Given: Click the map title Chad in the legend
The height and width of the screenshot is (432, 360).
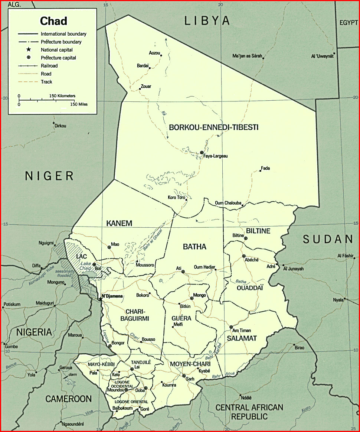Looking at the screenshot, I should pos(53,21).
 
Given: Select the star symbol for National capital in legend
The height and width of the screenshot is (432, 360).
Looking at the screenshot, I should pos(29,50).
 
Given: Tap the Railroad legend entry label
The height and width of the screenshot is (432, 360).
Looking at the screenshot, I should pos(49,66).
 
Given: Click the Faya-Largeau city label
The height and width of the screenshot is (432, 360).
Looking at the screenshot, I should pos(215,156).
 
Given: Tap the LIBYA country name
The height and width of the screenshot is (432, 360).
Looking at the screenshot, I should pos(207,21).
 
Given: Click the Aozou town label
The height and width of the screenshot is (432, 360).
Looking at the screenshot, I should pos(154,53).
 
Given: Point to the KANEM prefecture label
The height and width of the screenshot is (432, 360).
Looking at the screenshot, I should pos(119,223).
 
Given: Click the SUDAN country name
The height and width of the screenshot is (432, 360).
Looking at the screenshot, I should pos(327,240).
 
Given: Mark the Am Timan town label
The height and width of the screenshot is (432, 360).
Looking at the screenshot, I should pos(241,331).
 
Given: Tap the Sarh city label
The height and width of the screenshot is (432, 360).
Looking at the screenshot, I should pos(190,379).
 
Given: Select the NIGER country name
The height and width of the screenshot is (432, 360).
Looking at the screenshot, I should pos(49,176).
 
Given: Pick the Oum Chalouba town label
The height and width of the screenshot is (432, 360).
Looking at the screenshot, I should pos(228,203).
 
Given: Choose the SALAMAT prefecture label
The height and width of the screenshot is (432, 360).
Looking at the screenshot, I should pos(242,338).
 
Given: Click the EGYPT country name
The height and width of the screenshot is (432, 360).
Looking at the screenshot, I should pos(348,23).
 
